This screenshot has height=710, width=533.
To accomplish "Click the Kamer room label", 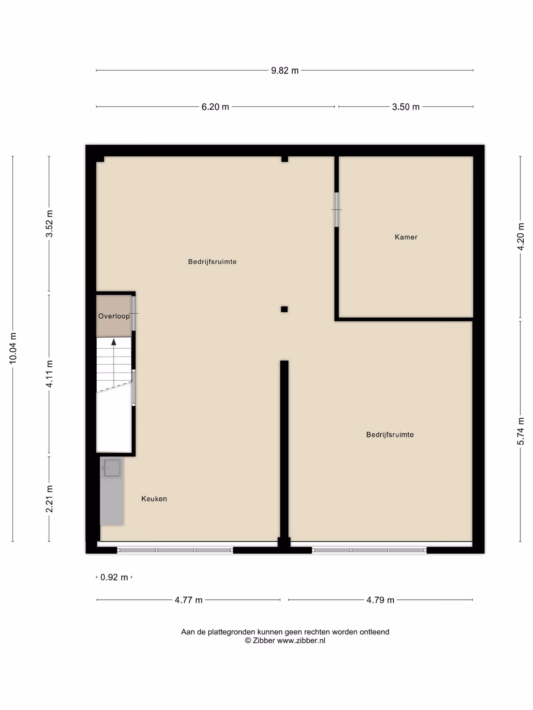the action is point(406,237).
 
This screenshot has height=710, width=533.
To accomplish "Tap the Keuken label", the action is point(154,499).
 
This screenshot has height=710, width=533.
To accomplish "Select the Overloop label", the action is point(114,316).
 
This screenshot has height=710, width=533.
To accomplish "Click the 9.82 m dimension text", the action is point(285,70).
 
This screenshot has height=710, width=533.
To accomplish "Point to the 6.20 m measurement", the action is point(215,107).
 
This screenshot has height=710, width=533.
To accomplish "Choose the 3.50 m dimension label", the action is point(406,107).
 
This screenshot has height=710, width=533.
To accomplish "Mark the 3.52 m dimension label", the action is point(49,224).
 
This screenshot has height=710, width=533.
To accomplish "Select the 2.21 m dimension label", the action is point(49,499).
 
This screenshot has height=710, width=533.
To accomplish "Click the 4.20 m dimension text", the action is point(521,237).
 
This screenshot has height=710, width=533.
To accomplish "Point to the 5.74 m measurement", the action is point(521,431).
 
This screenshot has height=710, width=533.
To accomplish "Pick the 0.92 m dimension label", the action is point(114,577).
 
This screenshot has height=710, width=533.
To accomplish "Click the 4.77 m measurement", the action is point(189,600).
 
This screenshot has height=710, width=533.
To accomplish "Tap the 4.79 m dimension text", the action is point(380,600).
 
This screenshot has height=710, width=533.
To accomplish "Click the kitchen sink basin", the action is point(112,468).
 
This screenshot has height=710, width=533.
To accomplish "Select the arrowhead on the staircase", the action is point(114,342).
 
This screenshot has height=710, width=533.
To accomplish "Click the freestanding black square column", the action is point(284,309).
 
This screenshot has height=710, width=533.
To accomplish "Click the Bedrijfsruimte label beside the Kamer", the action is point(212,262).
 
